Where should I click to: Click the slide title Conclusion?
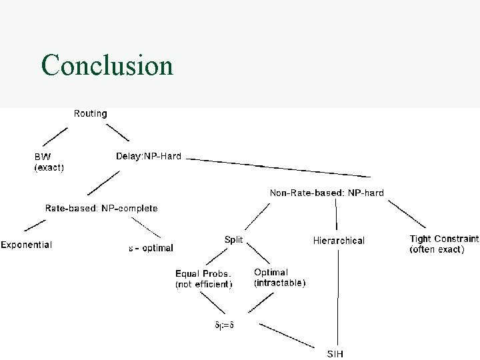107,65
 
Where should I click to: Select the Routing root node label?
90,113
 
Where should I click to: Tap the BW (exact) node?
49,162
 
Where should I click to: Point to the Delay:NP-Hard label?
149,157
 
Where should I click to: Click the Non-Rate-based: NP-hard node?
327,193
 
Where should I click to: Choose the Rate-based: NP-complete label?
101,208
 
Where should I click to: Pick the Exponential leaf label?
26,245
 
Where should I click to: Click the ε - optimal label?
151,248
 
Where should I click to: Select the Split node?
233,239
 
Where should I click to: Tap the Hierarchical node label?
339,240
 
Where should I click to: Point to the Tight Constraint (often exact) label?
443,243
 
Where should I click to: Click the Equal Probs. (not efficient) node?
204,279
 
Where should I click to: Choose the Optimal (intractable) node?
280,277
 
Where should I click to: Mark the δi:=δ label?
225,325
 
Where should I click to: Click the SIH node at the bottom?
335,353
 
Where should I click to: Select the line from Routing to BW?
55,139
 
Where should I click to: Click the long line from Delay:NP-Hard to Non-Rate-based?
280,168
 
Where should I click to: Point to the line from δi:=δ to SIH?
287,335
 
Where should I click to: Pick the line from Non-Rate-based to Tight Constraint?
408,215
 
